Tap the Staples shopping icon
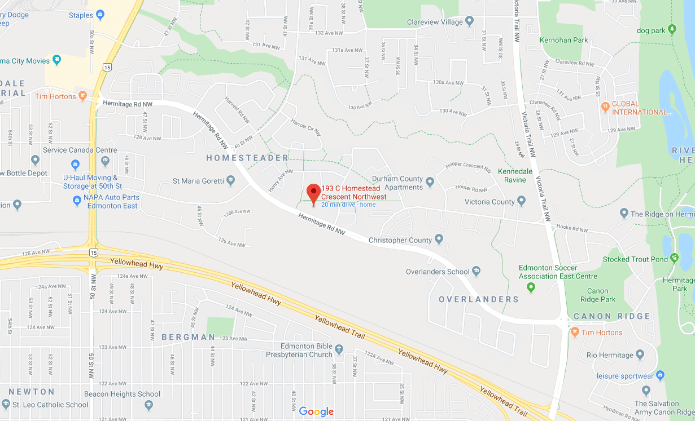pos(100,15)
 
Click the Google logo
pos(316,411)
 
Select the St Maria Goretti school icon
pos(230,181)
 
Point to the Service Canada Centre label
pos(80,150)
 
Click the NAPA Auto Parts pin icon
pos(77,200)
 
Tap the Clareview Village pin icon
pos(469,23)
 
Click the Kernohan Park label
pos(564,40)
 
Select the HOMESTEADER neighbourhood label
pos(247,158)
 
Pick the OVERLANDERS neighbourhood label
pos(479,299)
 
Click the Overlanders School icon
pos(476,272)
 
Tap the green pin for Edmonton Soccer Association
pos(531,288)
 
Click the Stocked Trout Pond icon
pos(674,259)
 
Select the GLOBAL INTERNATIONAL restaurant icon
pos(605,105)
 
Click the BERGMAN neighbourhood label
pos(188,337)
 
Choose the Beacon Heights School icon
pos(148,405)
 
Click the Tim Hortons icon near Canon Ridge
pos(575,332)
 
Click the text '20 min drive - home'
pos(348,205)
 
